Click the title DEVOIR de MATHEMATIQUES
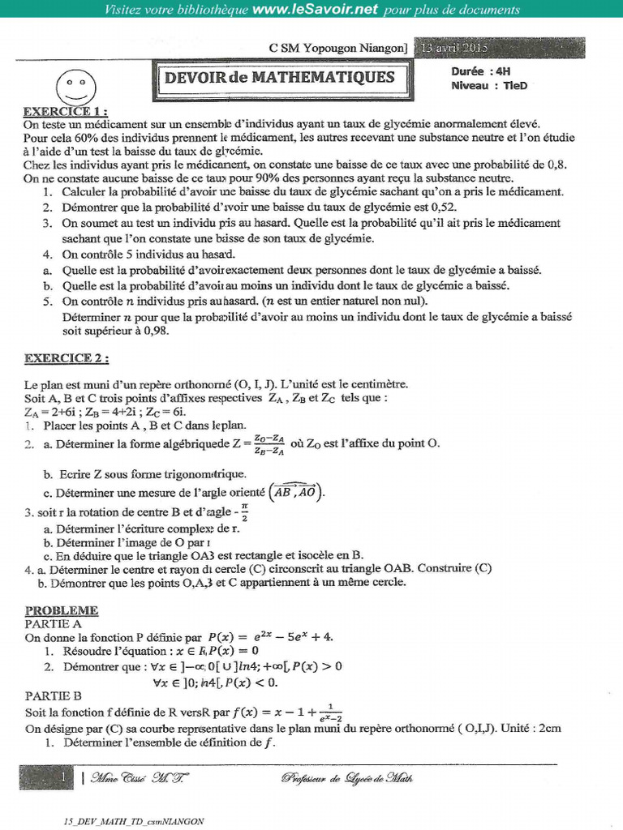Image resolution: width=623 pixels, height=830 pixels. (280, 78)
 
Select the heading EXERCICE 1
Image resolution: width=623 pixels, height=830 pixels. (65, 111)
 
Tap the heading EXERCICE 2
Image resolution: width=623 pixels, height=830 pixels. (67, 357)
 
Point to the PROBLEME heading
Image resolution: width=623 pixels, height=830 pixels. (62, 610)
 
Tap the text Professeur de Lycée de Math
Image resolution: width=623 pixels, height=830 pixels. (347, 778)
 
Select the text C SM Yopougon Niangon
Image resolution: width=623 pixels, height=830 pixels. (337, 49)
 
